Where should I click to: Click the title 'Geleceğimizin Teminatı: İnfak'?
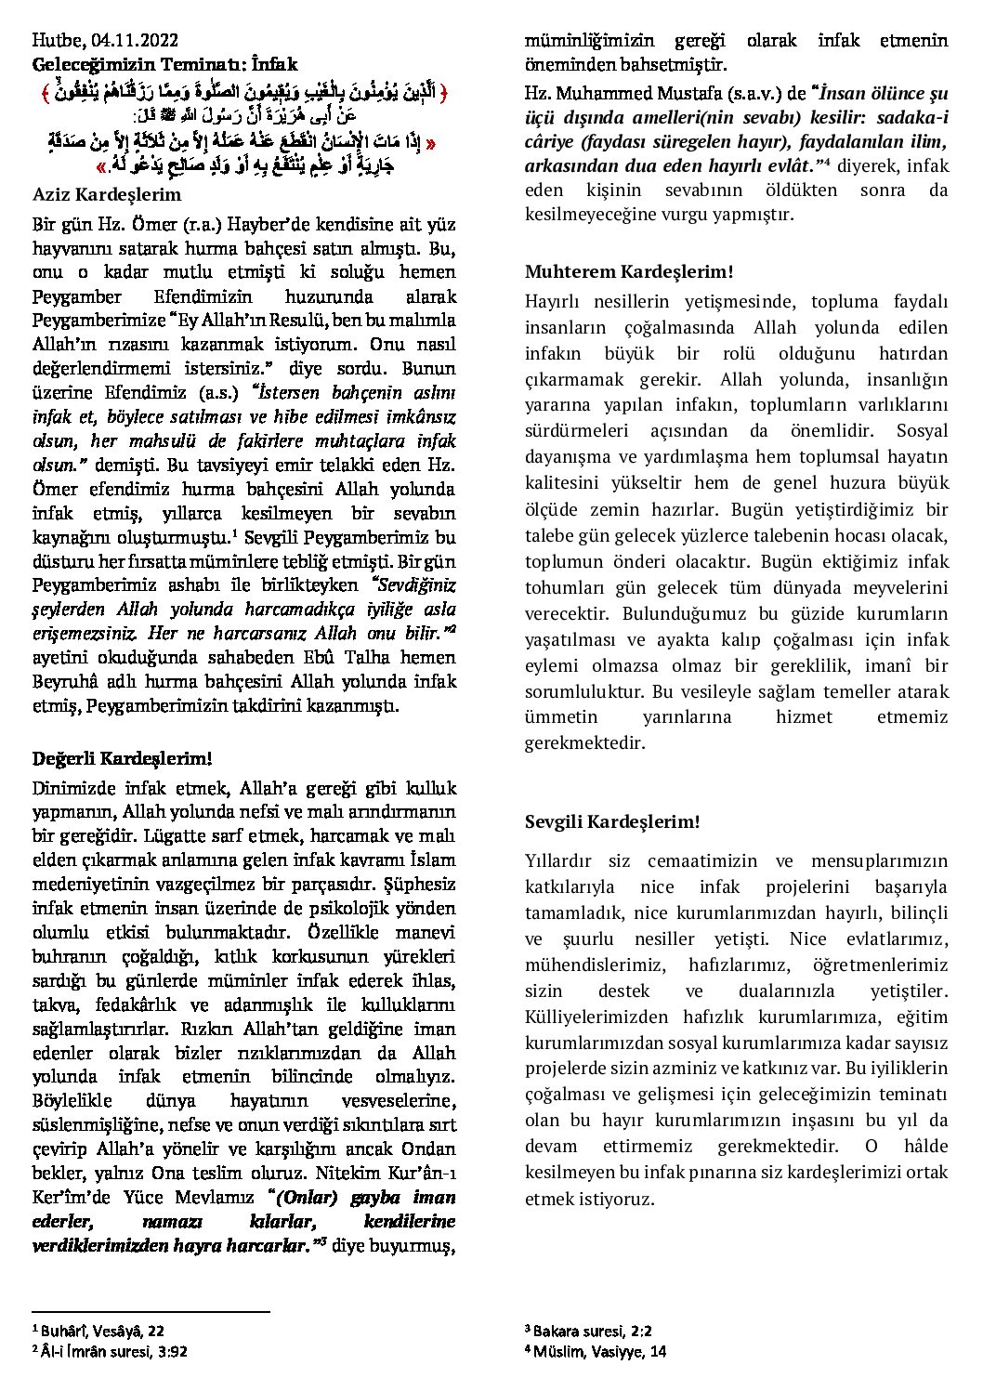[x=165, y=65]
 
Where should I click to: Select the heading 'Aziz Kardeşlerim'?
[x=107, y=195]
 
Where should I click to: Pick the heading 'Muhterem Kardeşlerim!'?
[x=629, y=272]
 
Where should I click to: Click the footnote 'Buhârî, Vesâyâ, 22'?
[x=102, y=1332]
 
